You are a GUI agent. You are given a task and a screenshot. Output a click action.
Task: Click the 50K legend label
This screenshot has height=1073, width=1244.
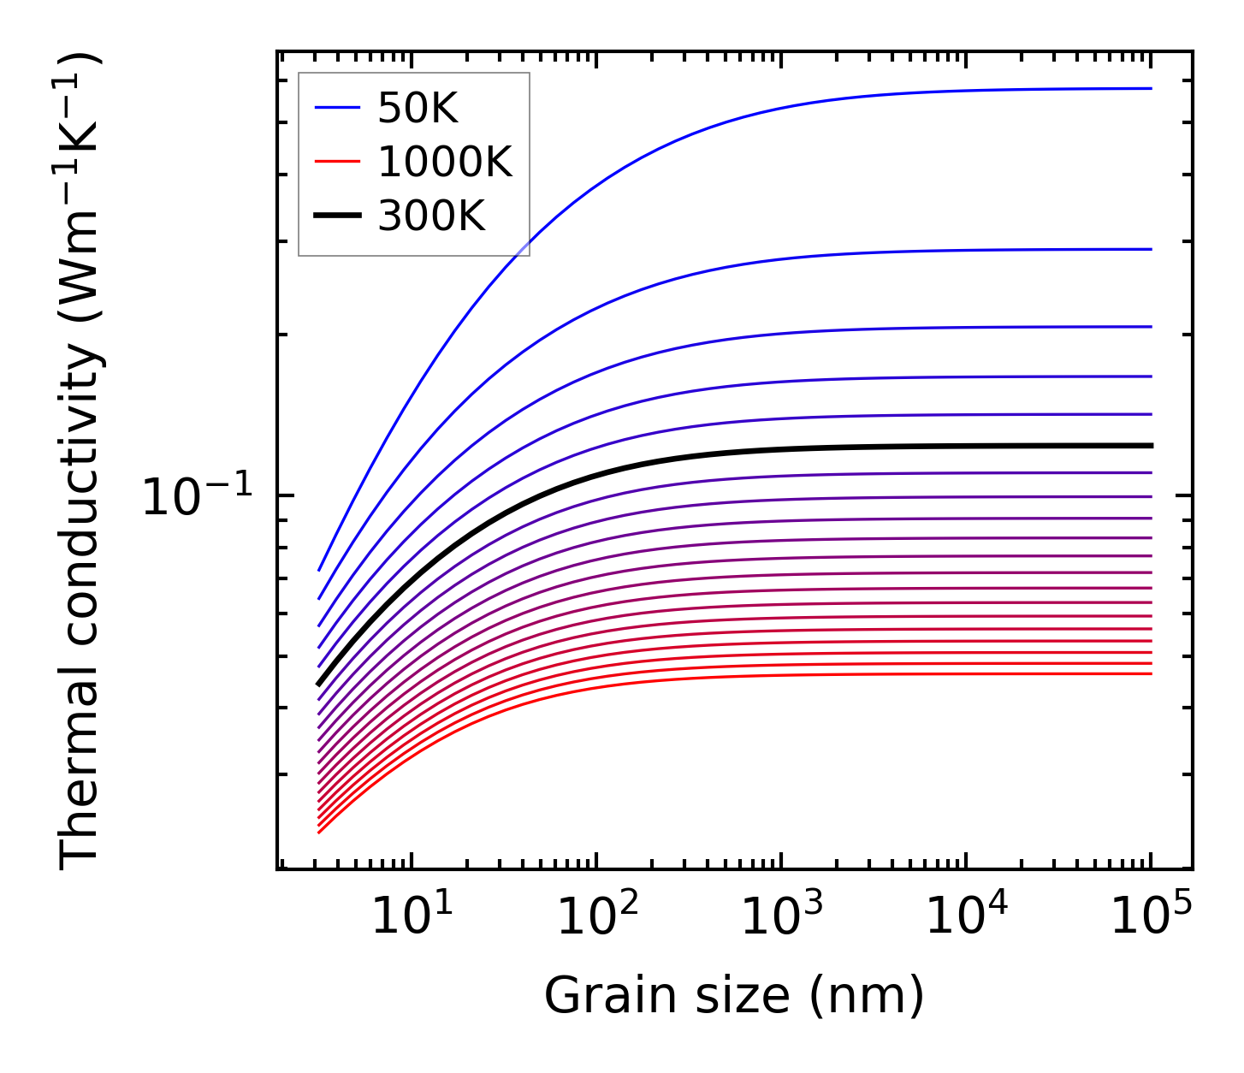(x=418, y=109)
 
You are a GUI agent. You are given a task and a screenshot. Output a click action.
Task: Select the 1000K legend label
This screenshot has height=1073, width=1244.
(x=444, y=163)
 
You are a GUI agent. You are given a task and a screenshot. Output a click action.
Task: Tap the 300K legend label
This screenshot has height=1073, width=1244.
(x=430, y=216)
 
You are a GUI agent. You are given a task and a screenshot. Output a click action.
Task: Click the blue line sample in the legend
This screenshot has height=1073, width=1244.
(x=337, y=109)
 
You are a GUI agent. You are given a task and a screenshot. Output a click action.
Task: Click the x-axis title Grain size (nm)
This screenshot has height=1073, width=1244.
(x=734, y=997)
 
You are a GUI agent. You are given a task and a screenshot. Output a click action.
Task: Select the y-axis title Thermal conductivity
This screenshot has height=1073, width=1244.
(x=82, y=462)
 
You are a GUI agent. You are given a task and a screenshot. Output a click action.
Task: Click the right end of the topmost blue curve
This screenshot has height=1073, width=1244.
(x=1151, y=88)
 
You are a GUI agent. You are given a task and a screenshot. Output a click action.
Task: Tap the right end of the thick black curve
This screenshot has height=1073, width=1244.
(x=1151, y=446)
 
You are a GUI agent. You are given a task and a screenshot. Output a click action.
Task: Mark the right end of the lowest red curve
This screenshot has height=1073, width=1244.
(x=1151, y=673)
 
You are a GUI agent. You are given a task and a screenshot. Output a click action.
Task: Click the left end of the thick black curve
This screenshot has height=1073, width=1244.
(x=319, y=684)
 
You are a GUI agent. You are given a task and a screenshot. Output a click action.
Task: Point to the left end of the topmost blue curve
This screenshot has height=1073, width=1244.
(x=319, y=569)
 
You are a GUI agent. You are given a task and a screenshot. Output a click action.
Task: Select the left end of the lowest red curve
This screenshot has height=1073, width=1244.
(x=319, y=832)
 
